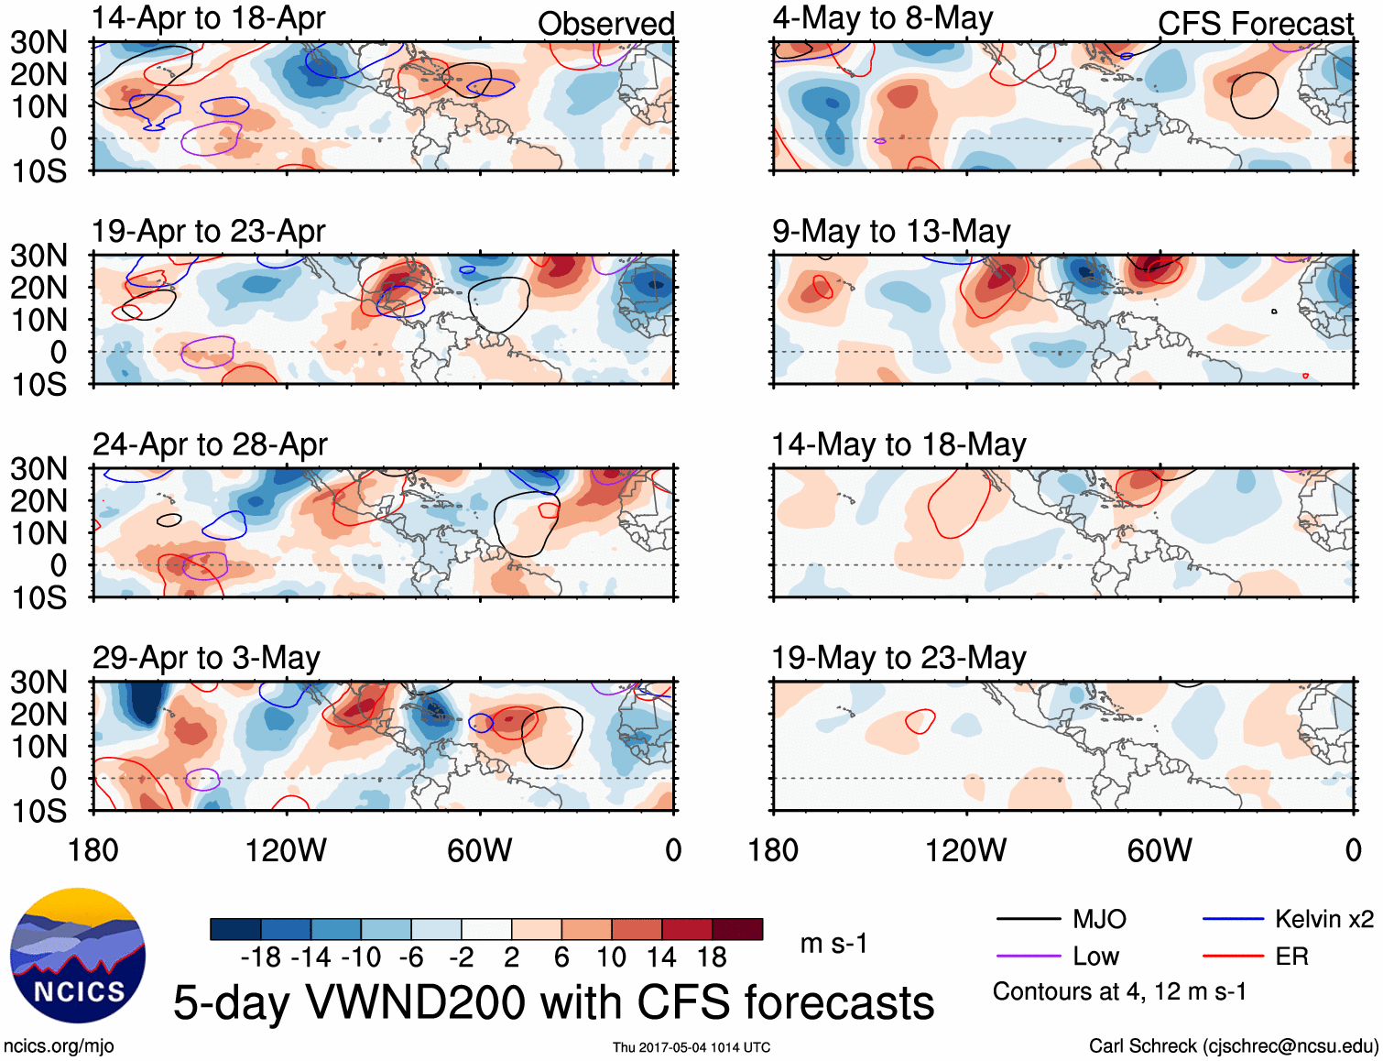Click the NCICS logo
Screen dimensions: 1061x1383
(78, 956)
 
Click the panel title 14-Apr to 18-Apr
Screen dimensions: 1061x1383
(209, 18)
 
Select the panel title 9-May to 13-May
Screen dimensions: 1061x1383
(891, 232)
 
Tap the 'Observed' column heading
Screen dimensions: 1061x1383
(605, 24)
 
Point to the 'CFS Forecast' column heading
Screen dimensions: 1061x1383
(1255, 24)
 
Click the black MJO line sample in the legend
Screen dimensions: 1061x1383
(1028, 919)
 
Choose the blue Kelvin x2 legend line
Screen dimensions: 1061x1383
(1233, 919)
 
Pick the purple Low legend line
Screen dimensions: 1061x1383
(1028, 957)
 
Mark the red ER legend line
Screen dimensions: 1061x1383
(1233, 957)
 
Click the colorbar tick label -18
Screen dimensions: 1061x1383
(261, 958)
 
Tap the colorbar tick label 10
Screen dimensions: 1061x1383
(611, 958)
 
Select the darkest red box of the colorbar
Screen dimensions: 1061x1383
(737, 929)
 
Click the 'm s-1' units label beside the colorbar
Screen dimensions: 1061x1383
(833, 944)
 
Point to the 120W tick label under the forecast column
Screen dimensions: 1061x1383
(965, 851)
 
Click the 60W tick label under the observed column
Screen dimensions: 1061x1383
(479, 851)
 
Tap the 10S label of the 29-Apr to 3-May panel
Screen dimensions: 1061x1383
(39, 812)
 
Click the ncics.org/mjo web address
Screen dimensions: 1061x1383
(59, 1046)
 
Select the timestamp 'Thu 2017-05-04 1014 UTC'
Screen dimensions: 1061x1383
(691, 1047)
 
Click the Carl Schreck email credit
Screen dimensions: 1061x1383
(1233, 1046)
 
